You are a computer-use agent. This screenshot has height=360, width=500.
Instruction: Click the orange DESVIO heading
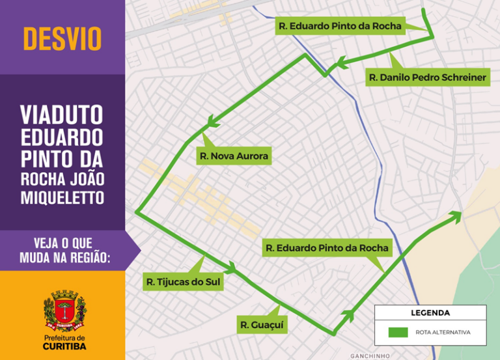(62, 38)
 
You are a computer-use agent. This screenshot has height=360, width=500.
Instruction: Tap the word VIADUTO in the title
(62, 115)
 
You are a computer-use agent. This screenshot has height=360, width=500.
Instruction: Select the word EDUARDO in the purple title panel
(62, 137)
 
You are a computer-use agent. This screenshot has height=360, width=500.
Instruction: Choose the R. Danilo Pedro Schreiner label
(427, 77)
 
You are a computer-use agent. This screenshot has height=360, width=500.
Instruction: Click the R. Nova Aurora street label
(234, 156)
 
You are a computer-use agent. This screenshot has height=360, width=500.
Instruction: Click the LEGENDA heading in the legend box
(430, 312)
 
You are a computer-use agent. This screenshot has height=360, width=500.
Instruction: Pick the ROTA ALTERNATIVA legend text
(443, 332)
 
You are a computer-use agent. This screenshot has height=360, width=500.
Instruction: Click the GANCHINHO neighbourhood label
(370, 355)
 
